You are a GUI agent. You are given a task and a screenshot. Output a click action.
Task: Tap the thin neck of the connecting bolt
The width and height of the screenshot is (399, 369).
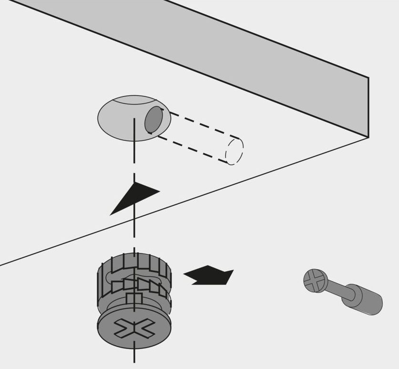pos(338,291)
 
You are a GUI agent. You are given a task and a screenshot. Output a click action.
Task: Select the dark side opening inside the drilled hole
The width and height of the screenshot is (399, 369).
pos(153,120)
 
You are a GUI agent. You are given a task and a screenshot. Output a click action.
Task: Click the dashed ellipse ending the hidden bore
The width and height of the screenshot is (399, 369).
pos(234,150)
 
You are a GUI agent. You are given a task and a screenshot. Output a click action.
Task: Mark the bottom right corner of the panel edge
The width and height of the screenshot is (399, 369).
pos(368,137)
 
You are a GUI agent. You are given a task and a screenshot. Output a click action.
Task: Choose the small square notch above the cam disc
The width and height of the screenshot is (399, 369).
pos(134,299)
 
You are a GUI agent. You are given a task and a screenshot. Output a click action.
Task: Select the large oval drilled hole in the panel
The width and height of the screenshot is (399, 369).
pos(119,119)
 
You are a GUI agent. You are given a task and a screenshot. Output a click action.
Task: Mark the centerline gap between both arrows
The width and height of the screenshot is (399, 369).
pos(134,234)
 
